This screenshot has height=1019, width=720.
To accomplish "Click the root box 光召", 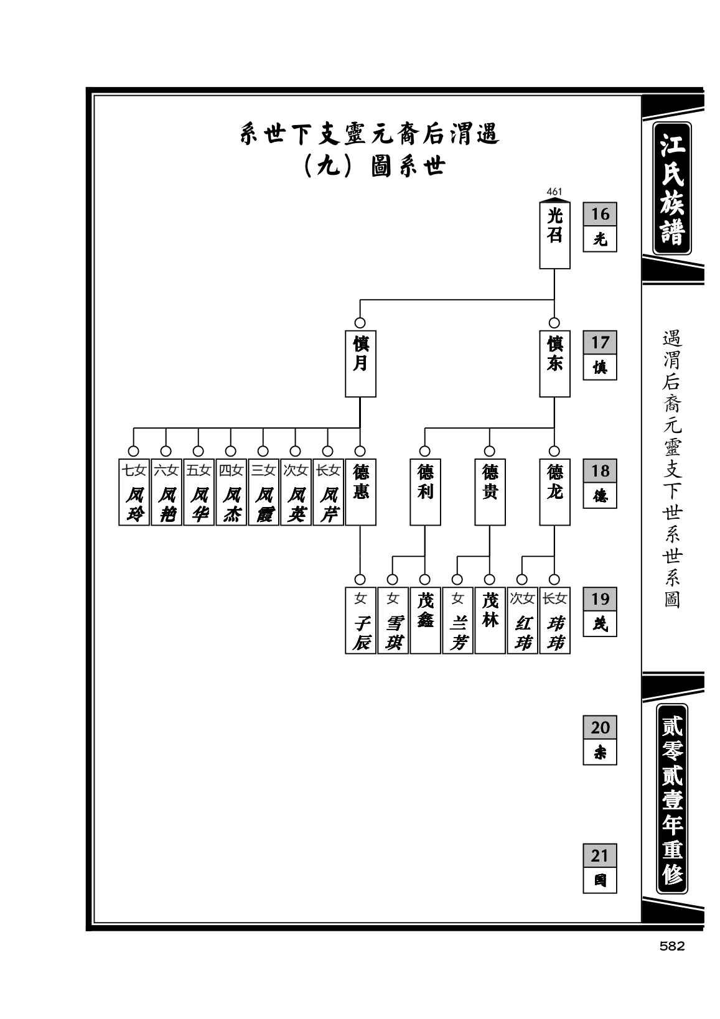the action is pos(554,235).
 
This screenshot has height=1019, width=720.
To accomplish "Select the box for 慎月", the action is pos(360,363).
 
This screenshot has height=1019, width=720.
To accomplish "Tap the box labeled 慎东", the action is pos(554,363).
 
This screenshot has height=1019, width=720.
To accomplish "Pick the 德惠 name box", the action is pos(360,491).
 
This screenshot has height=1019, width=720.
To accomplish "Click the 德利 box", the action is pos(425,491).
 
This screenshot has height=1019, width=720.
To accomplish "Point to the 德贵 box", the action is pos(490,491).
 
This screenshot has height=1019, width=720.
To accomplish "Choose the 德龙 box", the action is pos(554,491).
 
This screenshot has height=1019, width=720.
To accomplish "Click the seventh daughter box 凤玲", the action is pos(134,491).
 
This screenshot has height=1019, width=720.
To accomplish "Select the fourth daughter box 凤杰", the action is pos(231,491).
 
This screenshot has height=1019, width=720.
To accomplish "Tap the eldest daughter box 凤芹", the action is pos(328,491).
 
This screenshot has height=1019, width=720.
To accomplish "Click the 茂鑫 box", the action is pos(425,620).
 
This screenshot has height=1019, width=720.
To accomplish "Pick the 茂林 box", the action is pos(490,620).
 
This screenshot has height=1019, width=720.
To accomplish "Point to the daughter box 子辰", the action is pos(360,620).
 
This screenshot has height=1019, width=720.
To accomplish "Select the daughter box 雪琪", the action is pos(393,620).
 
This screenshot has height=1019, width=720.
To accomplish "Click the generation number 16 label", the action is pos(600,214).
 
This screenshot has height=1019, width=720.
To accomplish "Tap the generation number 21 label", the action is pos(600,855).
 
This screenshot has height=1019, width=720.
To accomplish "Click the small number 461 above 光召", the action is pos(554,192).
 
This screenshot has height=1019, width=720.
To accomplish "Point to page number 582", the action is pos(671,946).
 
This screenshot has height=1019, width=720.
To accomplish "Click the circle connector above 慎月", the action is pos(360,323).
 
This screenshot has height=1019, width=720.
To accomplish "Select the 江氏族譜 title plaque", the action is pos(672,188).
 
